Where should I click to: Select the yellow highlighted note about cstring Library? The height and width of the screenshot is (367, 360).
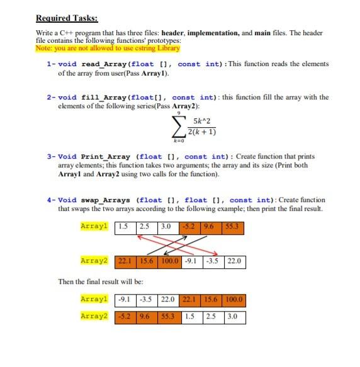(x=108, y=48)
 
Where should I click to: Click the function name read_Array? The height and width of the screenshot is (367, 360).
(x=103, y=64)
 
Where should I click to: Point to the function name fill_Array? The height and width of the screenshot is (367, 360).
(x=103, y=98)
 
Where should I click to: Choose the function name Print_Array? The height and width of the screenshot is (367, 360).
(x=105, y=156)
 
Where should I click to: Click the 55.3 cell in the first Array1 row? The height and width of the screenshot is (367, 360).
(x=232, y=226)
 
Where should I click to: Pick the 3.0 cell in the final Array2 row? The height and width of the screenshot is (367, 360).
(x=232, y=315)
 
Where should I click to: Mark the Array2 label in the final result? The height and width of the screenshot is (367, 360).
(x=94, y=315)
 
